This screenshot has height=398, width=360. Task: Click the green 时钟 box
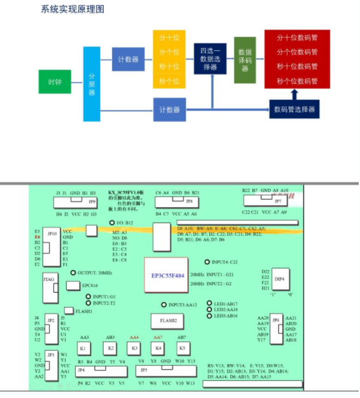[x=55, y=82]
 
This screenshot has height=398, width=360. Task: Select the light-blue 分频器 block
[x=92, y=84]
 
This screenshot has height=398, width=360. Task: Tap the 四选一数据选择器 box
[x=210, y=58]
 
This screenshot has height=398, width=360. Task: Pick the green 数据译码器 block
[x=245, y=60]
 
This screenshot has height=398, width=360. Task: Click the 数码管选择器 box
[x=294, y=109]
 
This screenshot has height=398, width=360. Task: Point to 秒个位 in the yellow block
[x=169, y=81]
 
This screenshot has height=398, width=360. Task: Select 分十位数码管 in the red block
[x=297, y=38]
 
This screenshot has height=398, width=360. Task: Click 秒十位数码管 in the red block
[x=297, y=67]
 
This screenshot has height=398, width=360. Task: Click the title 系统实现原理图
[x=73, y=9]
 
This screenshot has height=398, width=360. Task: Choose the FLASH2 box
[x=168, y=321]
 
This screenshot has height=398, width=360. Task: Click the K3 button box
[x=134, y=348]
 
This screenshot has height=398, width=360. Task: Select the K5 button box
[x=182, y=348]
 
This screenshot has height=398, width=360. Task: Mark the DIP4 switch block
[x=279, y=278]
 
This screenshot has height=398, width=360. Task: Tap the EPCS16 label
[x=89, y=285]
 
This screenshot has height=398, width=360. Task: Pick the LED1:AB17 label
[x=226, y=304]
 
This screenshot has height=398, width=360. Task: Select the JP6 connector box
[x=276, y=329]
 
